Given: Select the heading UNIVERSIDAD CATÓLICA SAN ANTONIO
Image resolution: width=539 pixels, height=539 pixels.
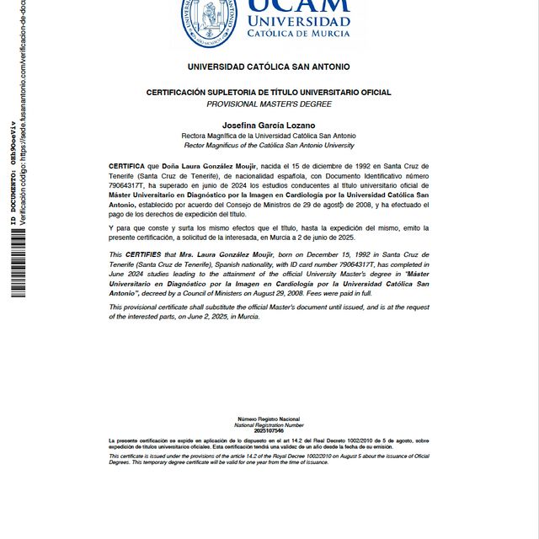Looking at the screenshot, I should (x=269, y=67).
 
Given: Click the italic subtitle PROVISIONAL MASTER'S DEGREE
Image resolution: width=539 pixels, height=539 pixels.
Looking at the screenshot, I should (x=269, y=104).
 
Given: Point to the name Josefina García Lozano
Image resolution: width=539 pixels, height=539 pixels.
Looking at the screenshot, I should (x=269, y=125).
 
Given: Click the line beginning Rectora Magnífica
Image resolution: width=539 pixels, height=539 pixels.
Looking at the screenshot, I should (x=269, y=136).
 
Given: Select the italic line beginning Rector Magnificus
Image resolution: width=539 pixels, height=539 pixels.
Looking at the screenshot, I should (x=269, y=145).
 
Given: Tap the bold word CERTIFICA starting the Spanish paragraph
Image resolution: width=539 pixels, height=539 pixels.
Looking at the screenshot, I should (x=127, y=167).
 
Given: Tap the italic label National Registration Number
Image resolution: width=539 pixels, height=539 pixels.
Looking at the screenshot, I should (x=269, y=425).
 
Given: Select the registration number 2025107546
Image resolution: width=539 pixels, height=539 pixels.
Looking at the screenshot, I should (x=269, y=431).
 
